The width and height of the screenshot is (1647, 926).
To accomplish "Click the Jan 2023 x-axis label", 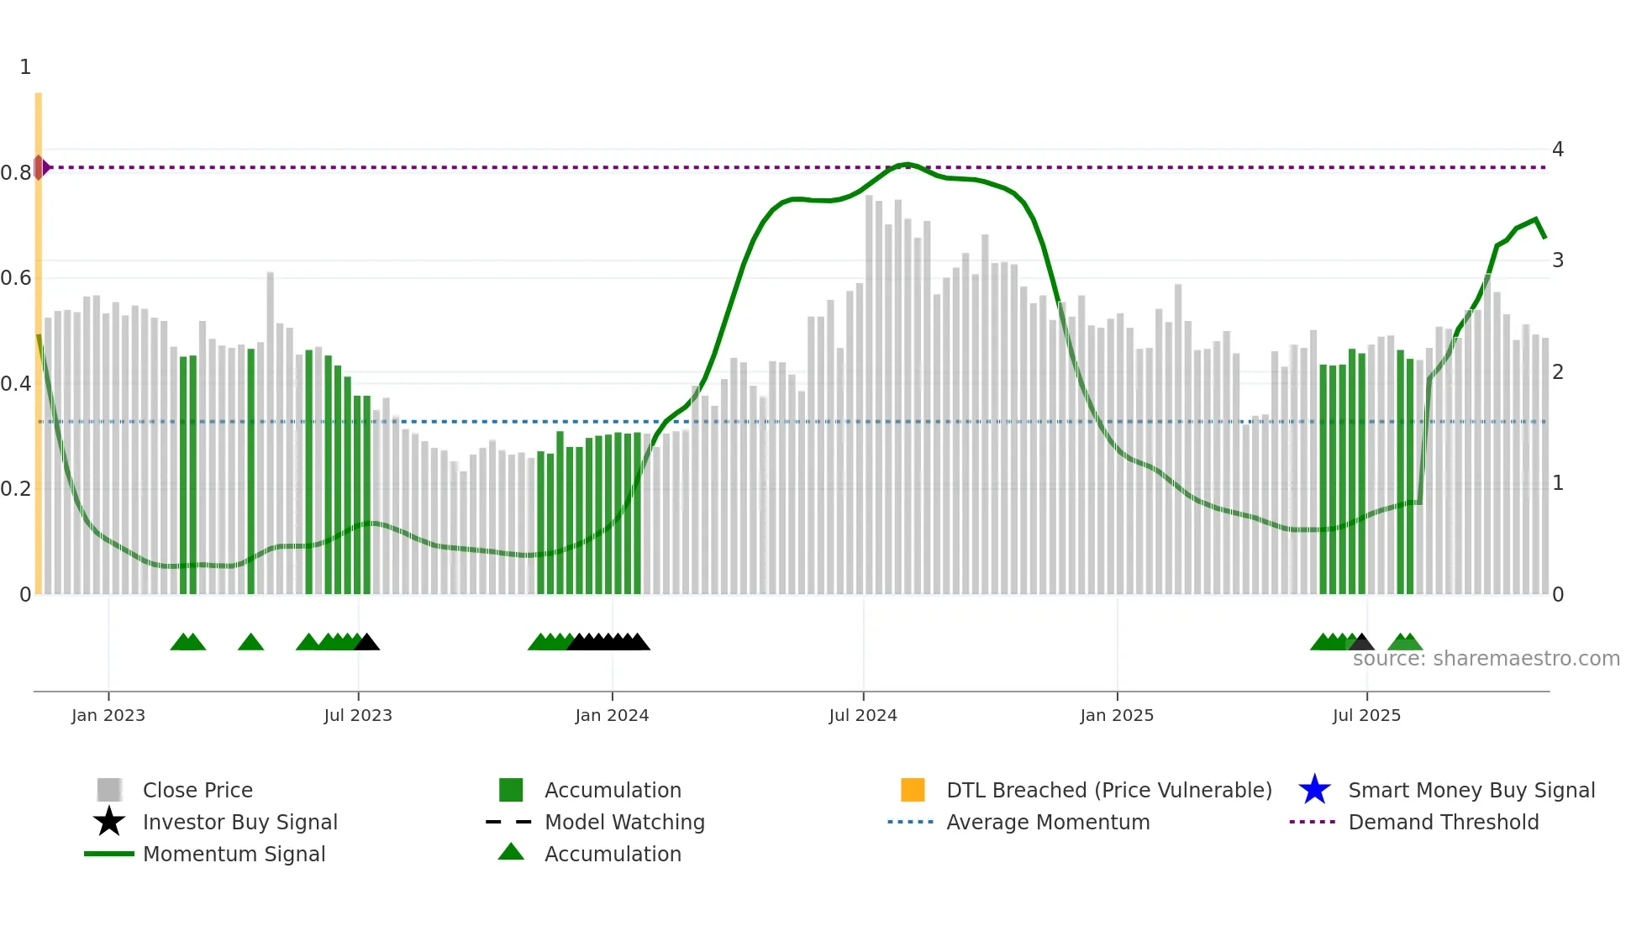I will (108, 715).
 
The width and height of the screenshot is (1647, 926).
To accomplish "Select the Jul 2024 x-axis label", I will (862, 715).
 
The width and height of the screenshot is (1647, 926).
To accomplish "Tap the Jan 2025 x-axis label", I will (1116, 715).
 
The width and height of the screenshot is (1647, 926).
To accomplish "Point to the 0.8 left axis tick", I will (15, 173).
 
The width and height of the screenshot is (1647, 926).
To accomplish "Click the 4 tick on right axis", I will (1557, 150).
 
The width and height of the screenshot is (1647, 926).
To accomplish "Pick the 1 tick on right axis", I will (1557, 483).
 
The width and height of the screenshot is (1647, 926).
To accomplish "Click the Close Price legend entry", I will (197, 790).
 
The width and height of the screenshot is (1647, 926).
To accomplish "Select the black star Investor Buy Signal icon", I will (109, 822).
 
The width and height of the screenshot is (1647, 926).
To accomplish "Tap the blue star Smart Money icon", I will (1314, 790).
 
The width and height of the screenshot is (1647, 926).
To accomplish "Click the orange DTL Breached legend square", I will (912, 790).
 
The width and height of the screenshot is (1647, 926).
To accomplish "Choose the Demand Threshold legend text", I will (1443, 822).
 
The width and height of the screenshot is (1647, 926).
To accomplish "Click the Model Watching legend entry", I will (624, 822).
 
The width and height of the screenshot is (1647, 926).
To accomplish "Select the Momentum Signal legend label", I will (234, 854).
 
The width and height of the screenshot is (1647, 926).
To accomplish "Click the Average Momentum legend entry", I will (1047, 822).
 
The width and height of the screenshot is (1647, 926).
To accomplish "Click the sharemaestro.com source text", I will (1486, 658).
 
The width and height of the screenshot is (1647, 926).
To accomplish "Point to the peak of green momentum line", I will (907, 164).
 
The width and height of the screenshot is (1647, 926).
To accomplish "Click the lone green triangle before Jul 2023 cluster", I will (250, 643).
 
